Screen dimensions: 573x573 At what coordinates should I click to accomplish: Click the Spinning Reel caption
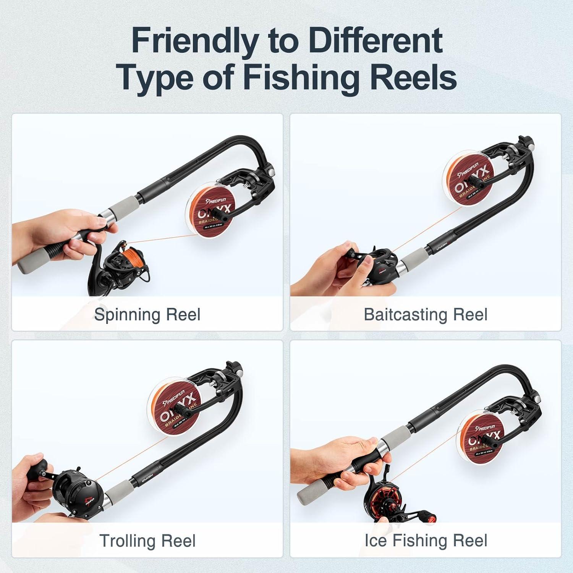pos(147,315)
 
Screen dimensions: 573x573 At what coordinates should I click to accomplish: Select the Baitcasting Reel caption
pos(426,315)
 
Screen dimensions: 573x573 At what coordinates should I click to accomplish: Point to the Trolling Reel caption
pos(147,541)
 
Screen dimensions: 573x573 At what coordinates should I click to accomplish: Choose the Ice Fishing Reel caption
pos(426,541)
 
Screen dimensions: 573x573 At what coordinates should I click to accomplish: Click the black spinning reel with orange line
pos(118,267)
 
